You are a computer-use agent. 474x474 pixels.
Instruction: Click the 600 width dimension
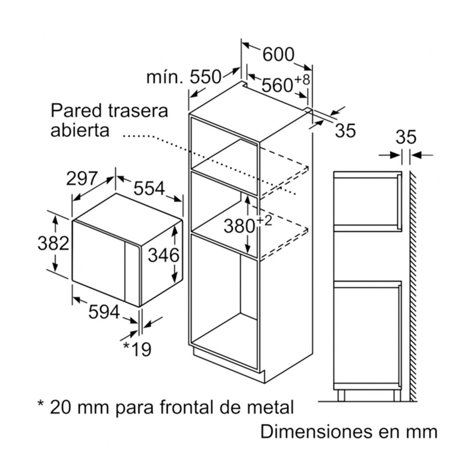pyautogui.click(x=278, y=55)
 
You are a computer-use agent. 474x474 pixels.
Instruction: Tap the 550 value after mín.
pyautogui.click(x=206, y=77)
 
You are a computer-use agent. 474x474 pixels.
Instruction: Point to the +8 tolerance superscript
pyautogui.click(x=302, y=80)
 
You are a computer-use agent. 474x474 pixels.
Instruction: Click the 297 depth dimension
pyautogui.click(x=82, y=179)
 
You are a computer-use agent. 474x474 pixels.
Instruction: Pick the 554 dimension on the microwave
pyautogui.click(x=149, y=188)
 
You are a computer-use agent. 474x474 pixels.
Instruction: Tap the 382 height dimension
pyautogui.click(x=53, y=243)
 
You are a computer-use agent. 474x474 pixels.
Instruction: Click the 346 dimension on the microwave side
pyautogui.click(x=163, y=255)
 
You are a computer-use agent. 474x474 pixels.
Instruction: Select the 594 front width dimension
pyautogui.click(x=104, y=312)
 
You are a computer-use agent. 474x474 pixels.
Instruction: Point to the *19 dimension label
pyautogui.click(x=137, y=349)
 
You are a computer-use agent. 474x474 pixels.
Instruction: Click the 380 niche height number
pyautogui.click(x=239, y=226)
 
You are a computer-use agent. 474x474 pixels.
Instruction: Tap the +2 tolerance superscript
pyautogui.click(x=264, y=221)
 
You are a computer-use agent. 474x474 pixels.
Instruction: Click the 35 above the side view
pyautogui.click(x=406, y=137)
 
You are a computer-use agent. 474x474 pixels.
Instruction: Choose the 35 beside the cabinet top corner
pyautogui.click(x=346, y=131)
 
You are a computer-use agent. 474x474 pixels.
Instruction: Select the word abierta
pyautogui.click(x=80, y=130)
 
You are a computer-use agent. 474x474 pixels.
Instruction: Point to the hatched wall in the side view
pyautogui.click(x=413, y=287)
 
